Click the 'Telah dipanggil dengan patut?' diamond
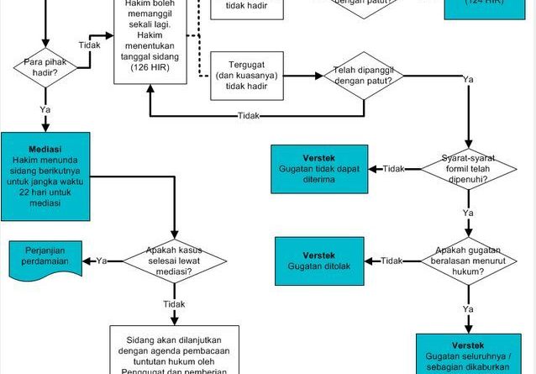[363, 78]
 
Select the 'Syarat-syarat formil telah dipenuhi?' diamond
[467, 169]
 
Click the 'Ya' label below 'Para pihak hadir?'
[44, 109]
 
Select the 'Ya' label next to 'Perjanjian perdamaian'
[102, 261]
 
